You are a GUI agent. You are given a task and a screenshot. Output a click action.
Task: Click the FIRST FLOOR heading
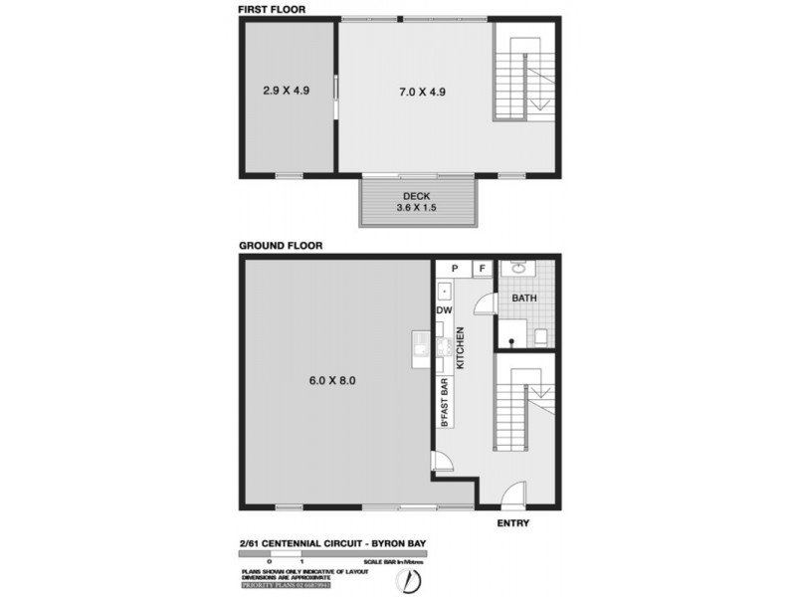[272, 9]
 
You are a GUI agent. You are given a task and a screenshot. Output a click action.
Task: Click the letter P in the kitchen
[455, 269]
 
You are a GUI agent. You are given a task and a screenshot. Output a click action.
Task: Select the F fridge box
[482, 269]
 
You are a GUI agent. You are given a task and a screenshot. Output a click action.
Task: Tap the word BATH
[524, 298]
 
